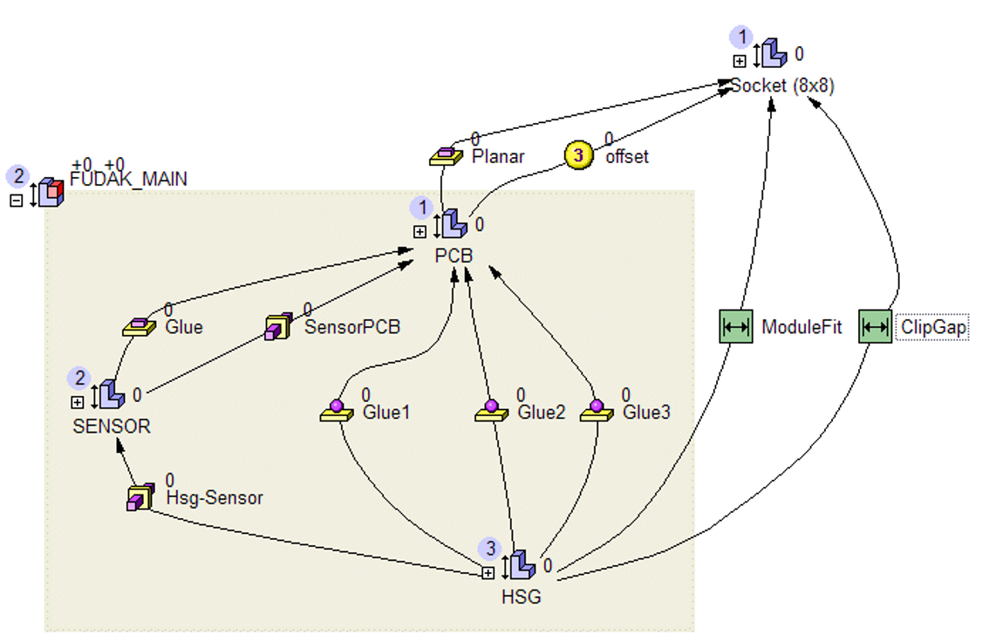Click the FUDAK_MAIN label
[128, 180]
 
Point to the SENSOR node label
[112, 427]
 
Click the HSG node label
[522, 598]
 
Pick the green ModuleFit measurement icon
[735, 327]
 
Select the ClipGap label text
[932, 328]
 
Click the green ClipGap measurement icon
[875, 327]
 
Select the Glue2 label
[542, 413]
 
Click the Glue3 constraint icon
[597, 411]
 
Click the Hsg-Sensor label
[214, 498]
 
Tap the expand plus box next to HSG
[488, 573]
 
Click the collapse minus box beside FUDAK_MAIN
[17, 201]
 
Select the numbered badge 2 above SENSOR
[79, 378]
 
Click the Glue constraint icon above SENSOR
[139, 326]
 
